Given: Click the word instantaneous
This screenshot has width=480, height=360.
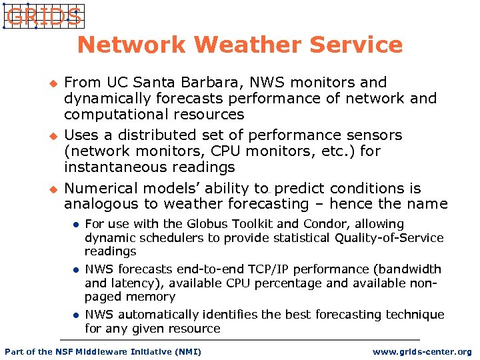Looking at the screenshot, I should point(115,167).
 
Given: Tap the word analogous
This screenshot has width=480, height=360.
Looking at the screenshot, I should point(97,204).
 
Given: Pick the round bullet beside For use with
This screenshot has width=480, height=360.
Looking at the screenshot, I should point(76,225).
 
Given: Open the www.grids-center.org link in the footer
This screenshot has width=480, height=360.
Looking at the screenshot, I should point(422,351).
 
